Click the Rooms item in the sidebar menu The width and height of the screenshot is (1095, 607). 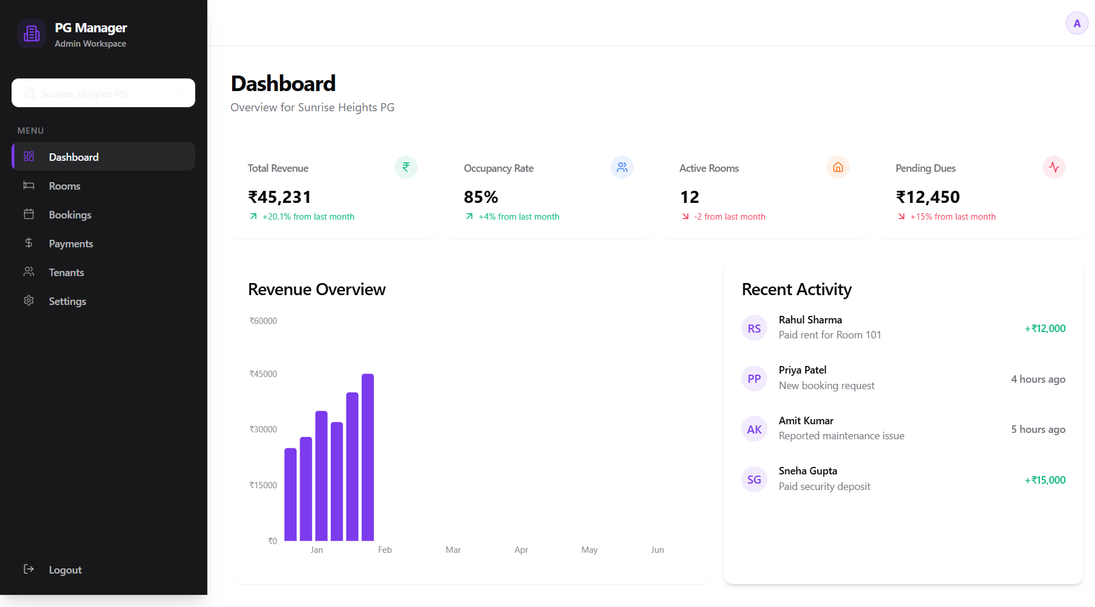pyautogui.click(x=64, y=186)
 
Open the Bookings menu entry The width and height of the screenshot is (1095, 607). pyautogui.click(x=70, y=215)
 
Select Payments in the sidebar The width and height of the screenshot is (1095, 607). pyautogui.click(x=70, y=244)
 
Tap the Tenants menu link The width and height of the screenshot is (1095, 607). pyautogui.click(x=66, y=273)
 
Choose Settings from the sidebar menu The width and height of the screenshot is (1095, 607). pyautogui.click(x=67, y=301)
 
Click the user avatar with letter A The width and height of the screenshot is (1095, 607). pyautogui.click(x=1077, y=24)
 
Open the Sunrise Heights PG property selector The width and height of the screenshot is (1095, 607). pyautogui.click(x=103, y=93)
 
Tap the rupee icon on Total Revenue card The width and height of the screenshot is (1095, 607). pyautogui.click(x=406, y=167)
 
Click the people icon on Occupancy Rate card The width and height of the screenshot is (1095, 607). pyautogui.click(x=622, y=167)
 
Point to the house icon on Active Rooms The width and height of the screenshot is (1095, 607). pyautogui.click(x=838, y=167)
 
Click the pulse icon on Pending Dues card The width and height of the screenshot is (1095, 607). pyautogui.click(x=1054, y=167)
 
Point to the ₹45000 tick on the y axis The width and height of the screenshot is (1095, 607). pyautogui.click(x=263, y=374)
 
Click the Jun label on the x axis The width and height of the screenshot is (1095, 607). pyautogui.click(x=657, y=550)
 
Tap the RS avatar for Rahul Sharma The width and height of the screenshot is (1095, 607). pyautogui.click(x=754, y=329)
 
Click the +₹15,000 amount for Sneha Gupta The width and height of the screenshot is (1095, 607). pyautogui.click(x=1045, y=480)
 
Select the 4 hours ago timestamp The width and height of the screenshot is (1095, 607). pyautogui.click(x=1038, y=379)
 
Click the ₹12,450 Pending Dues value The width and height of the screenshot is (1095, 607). pyautogui.click(x=927, y=197)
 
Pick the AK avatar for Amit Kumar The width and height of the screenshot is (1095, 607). pyautogui.click(x=754, y=429)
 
